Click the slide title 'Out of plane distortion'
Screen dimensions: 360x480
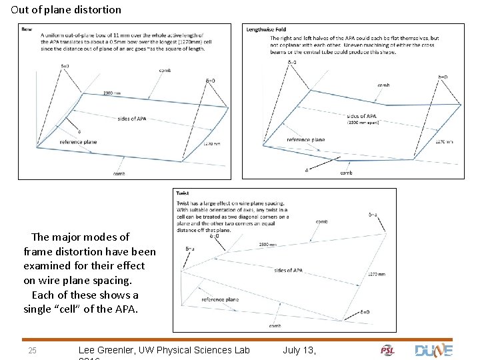tap(66, 10)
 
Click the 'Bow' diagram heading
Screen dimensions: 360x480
tap(27, 29)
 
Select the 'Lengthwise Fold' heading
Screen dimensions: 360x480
tap(266, 29)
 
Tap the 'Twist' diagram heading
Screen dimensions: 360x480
tap(182, 193)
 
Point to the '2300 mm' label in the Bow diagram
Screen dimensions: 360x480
tap(113, 93)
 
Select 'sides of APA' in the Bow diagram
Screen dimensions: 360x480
tap(131, 119)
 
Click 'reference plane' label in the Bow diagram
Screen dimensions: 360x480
tap(78, 142)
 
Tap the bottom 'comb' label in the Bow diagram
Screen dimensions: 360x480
tap(118, 174)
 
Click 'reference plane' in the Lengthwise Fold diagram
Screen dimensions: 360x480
tap(306, 139)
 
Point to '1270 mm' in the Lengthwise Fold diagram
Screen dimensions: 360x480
tap(444, 142)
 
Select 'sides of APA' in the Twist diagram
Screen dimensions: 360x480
tap(288, 270)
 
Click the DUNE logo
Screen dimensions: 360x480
tap(433, 350)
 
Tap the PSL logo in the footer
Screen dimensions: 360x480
tap(387, 350)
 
